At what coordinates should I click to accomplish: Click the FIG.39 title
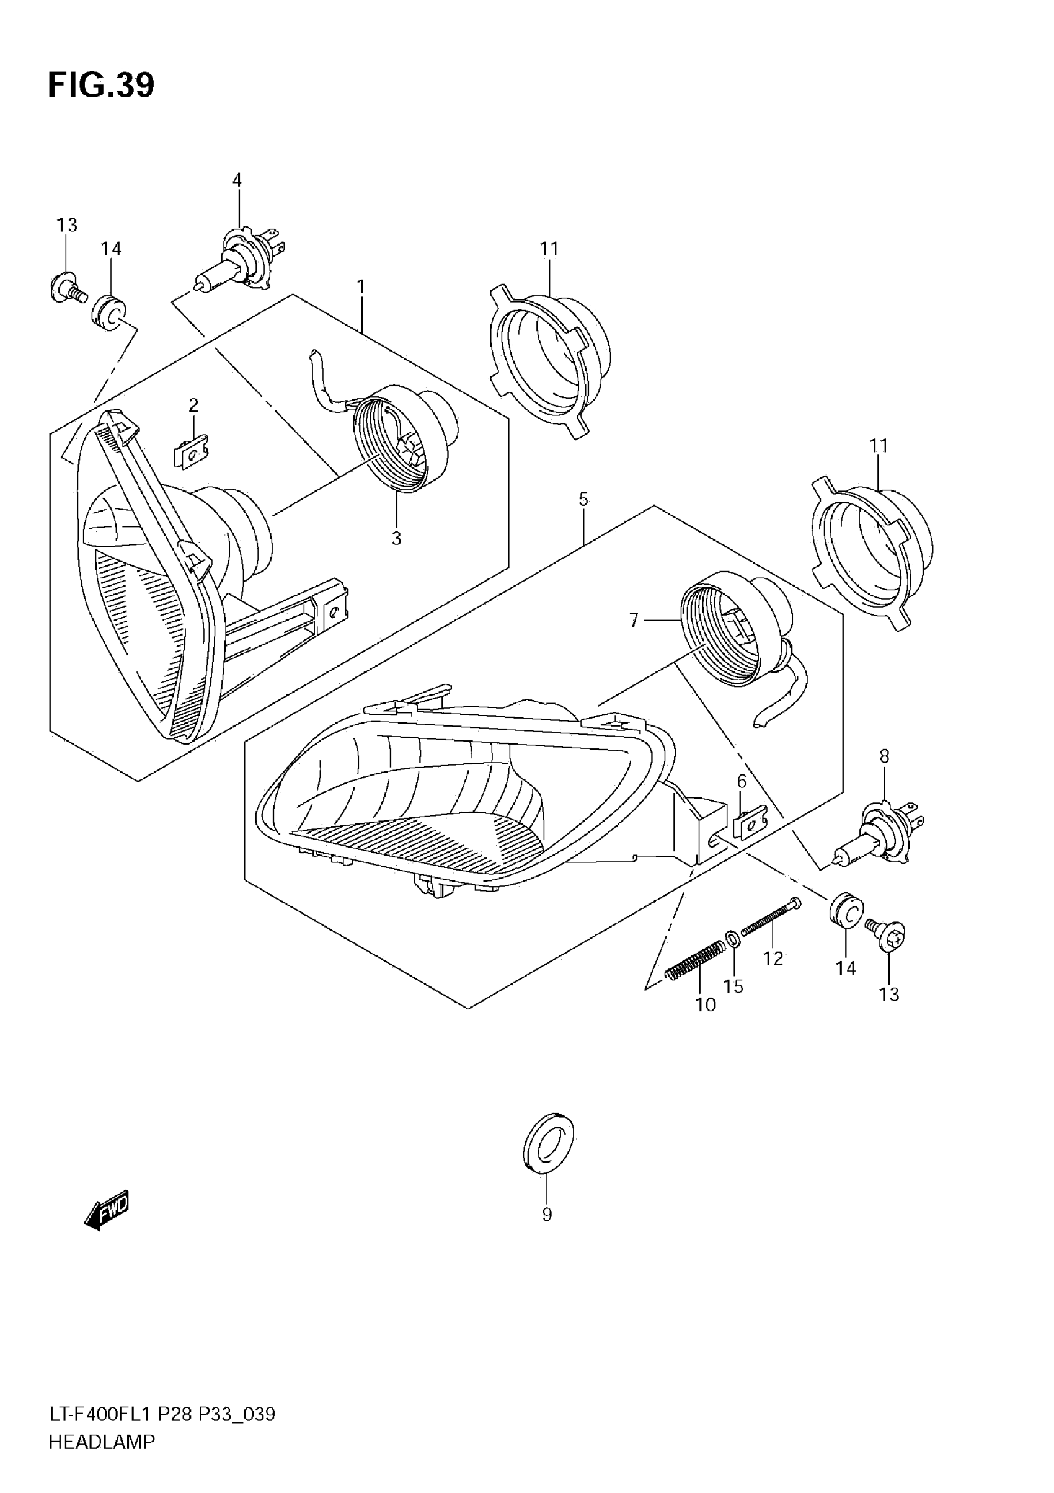(x=101, y=85)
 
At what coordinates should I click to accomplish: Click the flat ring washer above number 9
(x=548, y=1143)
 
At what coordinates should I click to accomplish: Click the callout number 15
(x=733, y=986)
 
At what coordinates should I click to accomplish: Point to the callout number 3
(x=396, y=538)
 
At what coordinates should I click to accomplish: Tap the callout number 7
(x=634, y=621)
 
